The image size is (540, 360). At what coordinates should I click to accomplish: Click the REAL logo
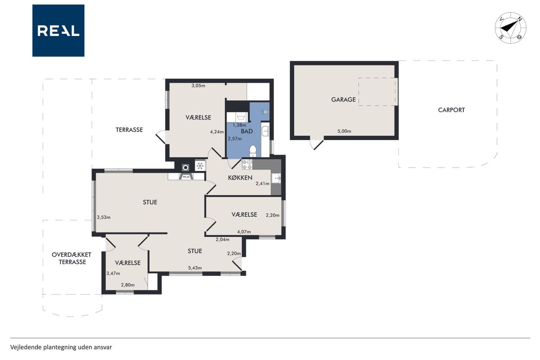pyautogui.click(x=58, y=31)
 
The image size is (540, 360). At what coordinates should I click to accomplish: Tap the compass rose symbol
pyautogui.click(x=510, y=28)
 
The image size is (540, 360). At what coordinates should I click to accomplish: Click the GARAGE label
pyautogui.click(x=343, y=99)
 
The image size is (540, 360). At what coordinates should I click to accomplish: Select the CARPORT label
pyautogui.click(x=451, y=110)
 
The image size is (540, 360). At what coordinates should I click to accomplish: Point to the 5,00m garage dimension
pyautogui.click(x=344, y=131)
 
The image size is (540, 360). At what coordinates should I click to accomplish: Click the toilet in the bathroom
pyautogui.click(x=253, y=151)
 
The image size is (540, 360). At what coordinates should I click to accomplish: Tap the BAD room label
pyautogui.click(x=247, y=131)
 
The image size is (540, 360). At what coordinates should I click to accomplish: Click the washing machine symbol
pyautogui.click(x=241, y=117)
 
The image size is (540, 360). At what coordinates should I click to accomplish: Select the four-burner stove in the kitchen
pyautogui.click(x=247, y=165)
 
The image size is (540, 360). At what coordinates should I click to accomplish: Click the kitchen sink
pyautogui.click(x=276, y=179)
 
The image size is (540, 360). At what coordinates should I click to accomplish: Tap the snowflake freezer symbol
pyautogui.click(x=200, y=166)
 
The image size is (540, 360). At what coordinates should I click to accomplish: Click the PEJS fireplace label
pyautogui.click(x=186, y=177)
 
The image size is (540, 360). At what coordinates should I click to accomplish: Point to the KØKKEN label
pyautogui.click(x=240, y=178)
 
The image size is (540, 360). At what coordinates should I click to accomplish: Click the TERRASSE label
pyautogui.click(x=129, y=130)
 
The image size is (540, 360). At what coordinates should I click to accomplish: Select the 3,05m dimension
pyautogui.click(x=198, y=86)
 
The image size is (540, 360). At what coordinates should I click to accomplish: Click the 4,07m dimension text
pyautogui.click(x=244, y=232)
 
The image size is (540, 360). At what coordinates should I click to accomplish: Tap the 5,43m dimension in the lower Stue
pyautogui.click(x=195, y=268)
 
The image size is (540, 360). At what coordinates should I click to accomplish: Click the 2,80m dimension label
pyautogui.click(x=128, y=285)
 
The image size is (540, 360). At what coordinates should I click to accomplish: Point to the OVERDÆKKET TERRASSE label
pyautogui.click(x=72, y=258)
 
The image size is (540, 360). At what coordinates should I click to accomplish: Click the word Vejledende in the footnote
pyautogui.click(x=26, y=347)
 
